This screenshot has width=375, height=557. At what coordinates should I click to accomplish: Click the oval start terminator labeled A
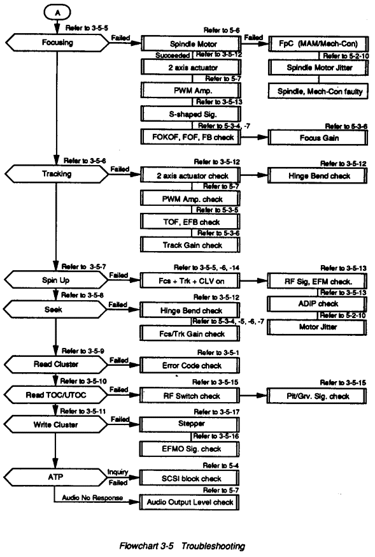click(57, 13)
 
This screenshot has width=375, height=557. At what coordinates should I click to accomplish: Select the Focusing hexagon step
click(57, 43)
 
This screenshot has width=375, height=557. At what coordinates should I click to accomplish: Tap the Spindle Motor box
click(191, 44)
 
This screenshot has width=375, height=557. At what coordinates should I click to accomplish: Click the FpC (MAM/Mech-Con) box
click(318, 44)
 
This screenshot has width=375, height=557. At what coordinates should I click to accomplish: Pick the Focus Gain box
click(318, 138)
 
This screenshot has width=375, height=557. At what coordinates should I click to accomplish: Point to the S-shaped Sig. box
click(191, 114)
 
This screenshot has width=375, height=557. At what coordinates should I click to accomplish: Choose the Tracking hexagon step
click(57, 174)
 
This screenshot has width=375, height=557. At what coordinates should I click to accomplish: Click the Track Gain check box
click(190, 245)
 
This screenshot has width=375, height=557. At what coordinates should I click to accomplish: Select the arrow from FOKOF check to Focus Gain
click(255, 138)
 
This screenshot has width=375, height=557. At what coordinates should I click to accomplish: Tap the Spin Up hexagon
click(55, 280)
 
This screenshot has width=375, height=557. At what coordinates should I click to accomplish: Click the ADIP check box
click(317, 304)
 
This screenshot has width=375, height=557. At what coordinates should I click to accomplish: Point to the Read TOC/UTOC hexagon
click(55, 394)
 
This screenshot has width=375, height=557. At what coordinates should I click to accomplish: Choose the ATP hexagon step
click(55, 477)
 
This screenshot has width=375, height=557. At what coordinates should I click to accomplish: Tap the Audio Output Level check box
click(189, 502)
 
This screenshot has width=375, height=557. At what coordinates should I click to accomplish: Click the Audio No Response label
click(92, 498)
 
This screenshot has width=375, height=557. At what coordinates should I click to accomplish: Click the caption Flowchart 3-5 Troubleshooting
click(182, 546)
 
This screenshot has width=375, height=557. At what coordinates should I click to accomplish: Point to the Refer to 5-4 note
click(221, 465)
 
